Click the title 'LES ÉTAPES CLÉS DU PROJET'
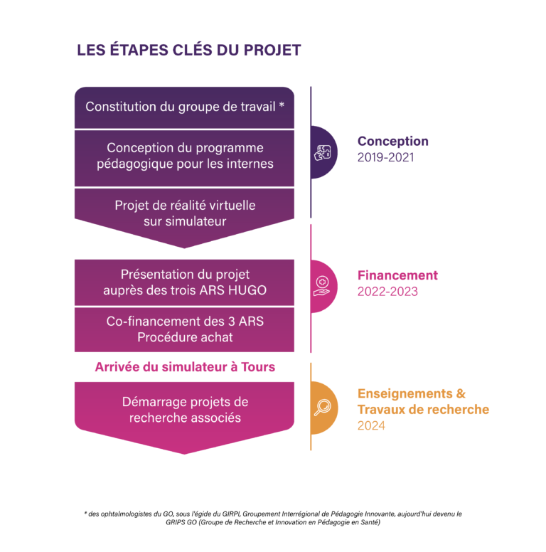click(188, 51)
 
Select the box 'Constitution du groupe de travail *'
click(184, 107)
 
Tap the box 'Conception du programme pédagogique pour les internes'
click(184, 156)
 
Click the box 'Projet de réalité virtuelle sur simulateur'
click(184, 213)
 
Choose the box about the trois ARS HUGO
click(184, 282)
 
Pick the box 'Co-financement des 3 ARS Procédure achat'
click(184, 329)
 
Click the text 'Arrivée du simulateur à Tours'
click(185, 367)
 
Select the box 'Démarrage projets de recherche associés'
click(184, 410)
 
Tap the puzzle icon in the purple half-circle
click(323, 152)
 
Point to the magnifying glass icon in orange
click(322, 407)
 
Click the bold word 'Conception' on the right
click(392, 142)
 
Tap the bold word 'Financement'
click(397, 275)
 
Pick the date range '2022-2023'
click(387, 292)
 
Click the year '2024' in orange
click(370, 426)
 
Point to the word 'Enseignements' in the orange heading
click(404, 393)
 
